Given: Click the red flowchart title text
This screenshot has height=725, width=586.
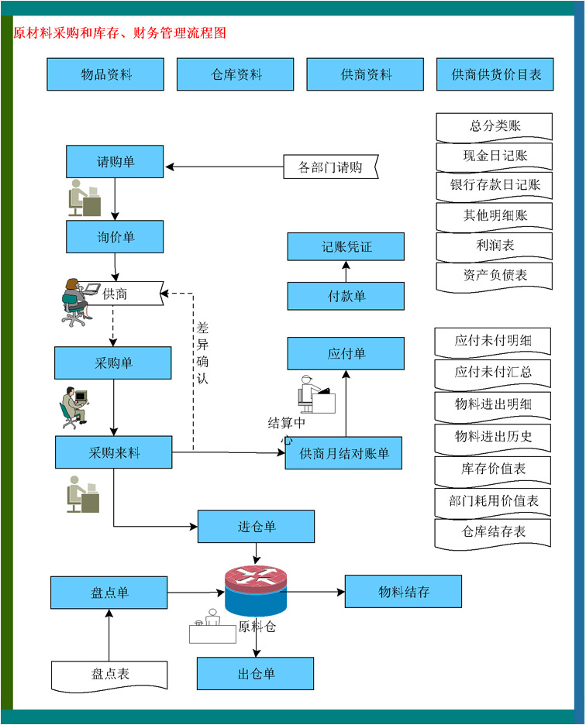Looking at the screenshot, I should coord(120,33).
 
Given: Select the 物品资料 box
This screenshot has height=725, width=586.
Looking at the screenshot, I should coord(105,74).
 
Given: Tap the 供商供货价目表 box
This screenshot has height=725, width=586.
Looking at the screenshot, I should coord(495,74).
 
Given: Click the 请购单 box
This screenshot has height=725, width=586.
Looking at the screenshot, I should coord(115,162).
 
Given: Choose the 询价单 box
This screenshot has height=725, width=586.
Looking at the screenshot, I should coord(115,236).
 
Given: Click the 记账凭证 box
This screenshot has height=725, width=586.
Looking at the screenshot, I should coord(346,246).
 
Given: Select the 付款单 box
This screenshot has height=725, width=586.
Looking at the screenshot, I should coord(346,296).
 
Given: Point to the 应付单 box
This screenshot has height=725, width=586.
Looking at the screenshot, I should coord(346,353).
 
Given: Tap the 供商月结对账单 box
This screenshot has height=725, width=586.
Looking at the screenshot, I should coord(343,452).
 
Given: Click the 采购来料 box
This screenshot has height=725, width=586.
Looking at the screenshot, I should coord(113,452).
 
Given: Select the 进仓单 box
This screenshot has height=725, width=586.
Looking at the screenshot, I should coord(256,527).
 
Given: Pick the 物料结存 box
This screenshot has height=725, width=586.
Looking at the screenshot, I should coord(403,592).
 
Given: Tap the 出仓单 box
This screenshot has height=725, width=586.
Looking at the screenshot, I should coord(255,673).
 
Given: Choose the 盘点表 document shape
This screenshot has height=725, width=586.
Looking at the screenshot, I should coord(109,674).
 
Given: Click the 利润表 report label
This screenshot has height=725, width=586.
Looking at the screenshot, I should coord(495,246).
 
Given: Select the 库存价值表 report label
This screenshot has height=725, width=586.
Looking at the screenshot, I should coord(493,469).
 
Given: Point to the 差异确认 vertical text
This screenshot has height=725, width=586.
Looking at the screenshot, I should coord(202,353).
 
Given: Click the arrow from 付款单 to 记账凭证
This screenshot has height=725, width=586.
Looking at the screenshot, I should coord(346,271).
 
